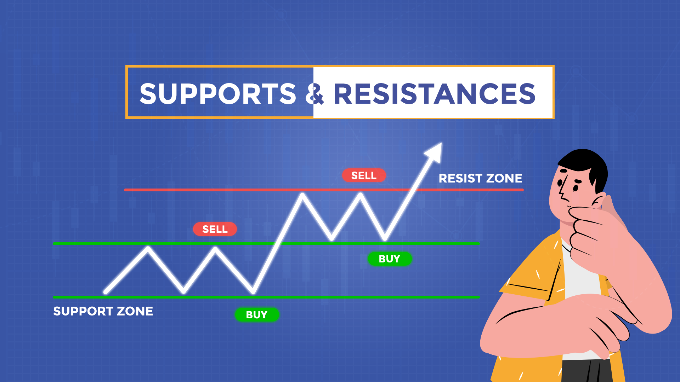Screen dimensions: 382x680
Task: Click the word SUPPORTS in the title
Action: pos(217,94)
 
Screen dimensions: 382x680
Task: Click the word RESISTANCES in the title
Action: pos(434,94)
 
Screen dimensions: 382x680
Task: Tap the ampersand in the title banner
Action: pos(314,94)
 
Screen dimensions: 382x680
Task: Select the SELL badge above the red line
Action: pos(364,175)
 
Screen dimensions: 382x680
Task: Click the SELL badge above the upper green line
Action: pos(215,229)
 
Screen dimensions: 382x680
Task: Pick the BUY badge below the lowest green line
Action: pos(257,314)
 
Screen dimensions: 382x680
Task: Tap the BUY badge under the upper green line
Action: pos(389,259)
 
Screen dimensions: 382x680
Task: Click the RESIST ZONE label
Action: pos(480,178)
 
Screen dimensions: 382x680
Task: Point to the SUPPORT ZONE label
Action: pos(103,311)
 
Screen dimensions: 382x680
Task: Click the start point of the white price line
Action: pos(106,292)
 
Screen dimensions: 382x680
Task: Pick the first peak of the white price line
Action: pos(148,248)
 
